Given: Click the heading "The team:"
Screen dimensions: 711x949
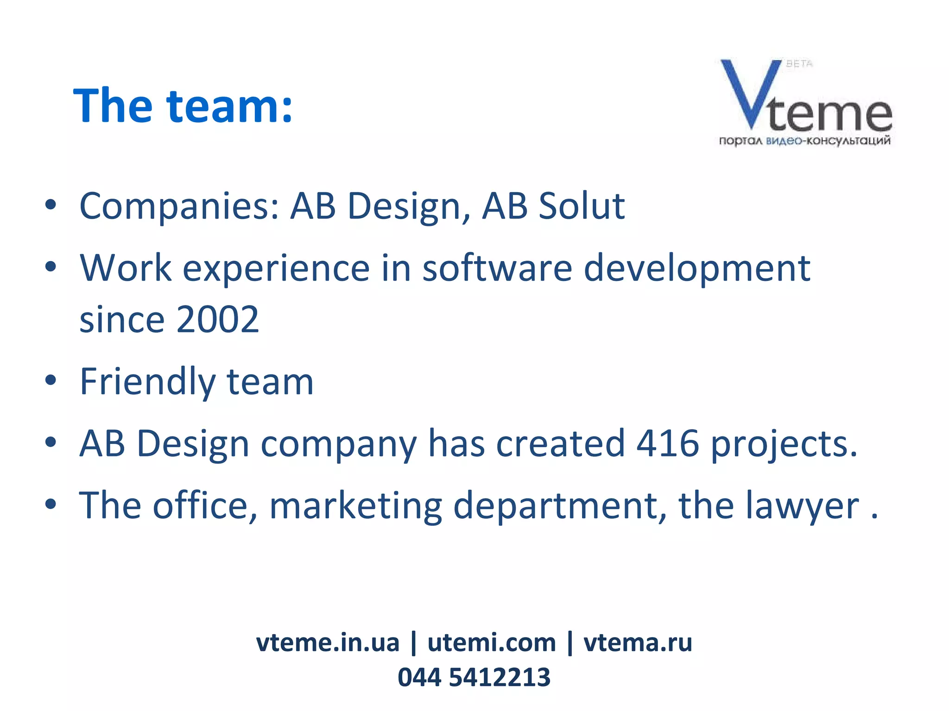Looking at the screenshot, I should point(183,106).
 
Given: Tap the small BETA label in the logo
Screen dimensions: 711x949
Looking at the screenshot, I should point(799,64).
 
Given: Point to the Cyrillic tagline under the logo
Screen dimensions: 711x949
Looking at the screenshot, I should point(804,141).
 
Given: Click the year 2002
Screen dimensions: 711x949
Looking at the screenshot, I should point(217,319).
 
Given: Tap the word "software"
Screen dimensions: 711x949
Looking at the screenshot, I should point(497,268).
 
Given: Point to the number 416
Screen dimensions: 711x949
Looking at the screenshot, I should point(667,443).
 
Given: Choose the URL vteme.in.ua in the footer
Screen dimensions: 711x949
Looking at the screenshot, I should point(327,642).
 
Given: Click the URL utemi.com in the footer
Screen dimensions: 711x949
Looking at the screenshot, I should point(491,642).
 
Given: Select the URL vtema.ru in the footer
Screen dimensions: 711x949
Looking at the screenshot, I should point(638,642).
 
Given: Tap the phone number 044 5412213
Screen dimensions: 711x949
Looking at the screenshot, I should point(474,677).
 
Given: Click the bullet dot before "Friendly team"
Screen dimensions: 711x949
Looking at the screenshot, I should point(51,380).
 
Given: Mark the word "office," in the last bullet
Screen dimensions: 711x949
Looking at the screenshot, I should point(204,505).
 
